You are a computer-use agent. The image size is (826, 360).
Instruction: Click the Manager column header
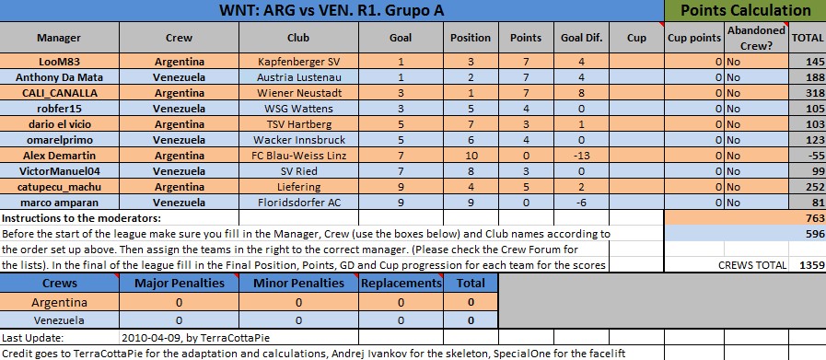point(59,38)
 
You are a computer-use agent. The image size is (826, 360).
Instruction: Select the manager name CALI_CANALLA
point(59,93)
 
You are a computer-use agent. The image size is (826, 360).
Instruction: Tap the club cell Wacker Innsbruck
point(298,140)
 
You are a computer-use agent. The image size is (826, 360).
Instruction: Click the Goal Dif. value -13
point(581,156)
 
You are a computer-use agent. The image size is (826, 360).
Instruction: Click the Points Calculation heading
point(745,10)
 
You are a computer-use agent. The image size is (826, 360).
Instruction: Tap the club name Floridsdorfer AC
point(298,203)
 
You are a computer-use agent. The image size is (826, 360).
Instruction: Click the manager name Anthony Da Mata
point(59,77)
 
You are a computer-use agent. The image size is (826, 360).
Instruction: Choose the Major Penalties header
point(180,283)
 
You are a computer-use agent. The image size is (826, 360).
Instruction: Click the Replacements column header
point(401,283)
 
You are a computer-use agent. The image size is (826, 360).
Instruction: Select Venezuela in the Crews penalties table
point(59,319)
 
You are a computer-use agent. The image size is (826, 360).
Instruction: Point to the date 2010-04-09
point(148,338)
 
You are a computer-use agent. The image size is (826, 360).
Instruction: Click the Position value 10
point(471,156)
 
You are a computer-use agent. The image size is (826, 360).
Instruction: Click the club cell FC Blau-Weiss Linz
point(298,156)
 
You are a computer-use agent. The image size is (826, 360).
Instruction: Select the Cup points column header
point(694,38)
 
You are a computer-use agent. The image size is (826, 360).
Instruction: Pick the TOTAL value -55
point(815,156)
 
